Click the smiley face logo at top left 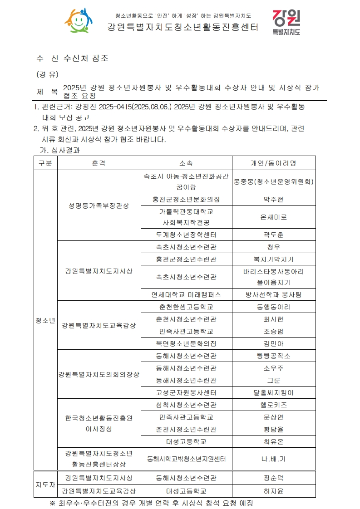(79, 21)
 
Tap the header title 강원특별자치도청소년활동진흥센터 (183, 27)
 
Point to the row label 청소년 (45, 320)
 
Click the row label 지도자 (45, 484)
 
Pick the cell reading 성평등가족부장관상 (99, 206)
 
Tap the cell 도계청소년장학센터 (186, 235)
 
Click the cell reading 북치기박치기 (273, 259)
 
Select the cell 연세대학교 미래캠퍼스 (186, 294)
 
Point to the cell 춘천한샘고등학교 (186, 307)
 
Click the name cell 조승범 (273, 331)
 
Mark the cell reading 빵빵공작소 (273, 356)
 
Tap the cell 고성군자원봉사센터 (186, 392)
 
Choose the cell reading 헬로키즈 (273, 405)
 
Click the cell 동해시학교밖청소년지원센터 (186, 459)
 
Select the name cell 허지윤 (273, 490)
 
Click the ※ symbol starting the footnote (52, 503)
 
